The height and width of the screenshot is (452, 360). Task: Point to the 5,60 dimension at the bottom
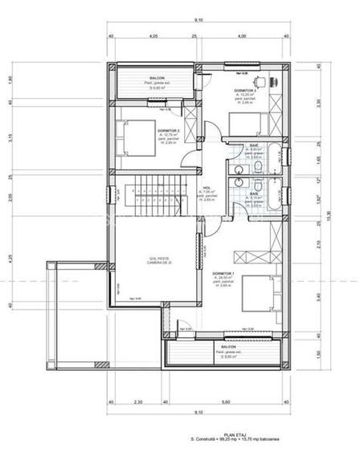pos(227,401)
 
